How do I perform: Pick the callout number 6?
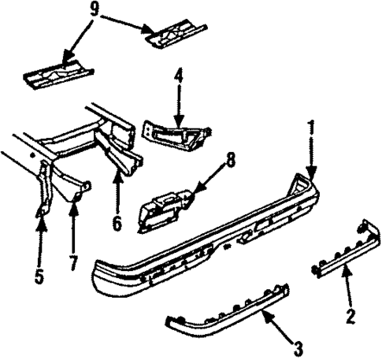click(x=117, y=223)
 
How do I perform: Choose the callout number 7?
click(x=73, y=261)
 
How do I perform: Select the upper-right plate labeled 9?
click(x=177, y=35)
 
